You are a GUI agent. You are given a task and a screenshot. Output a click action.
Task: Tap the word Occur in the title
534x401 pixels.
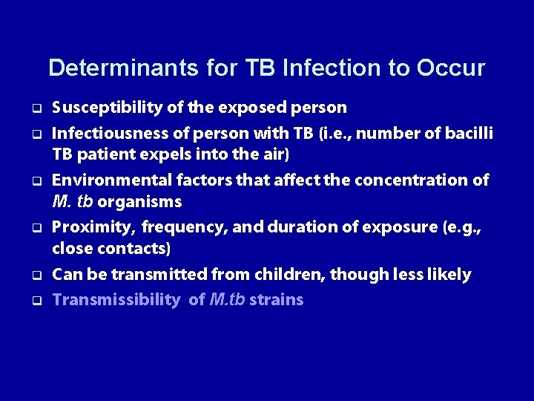point(451,68)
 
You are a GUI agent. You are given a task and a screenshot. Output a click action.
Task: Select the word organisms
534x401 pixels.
point(139,202)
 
